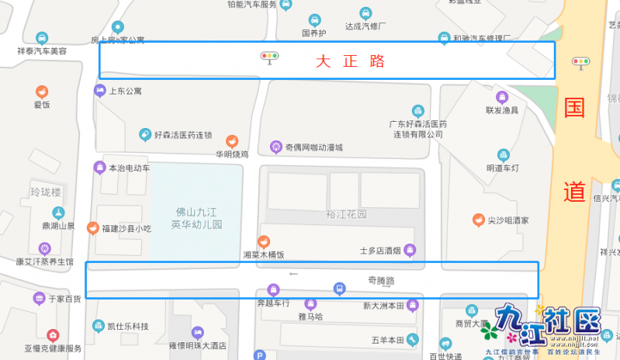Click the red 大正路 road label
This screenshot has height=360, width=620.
pyautogui.click(x=350, y=61)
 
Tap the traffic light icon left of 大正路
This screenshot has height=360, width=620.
pyautogui.click(x=270, y=57)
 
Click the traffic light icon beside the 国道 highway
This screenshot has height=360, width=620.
pyautogui.click(x=580, y=63)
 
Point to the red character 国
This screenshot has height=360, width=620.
pyautogui.click(x=575, y=109)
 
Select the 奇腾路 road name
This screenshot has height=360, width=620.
pyautogui.click(x=380, y=280)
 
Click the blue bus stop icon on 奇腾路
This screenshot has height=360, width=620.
pyautogui.click(x=338, y=289)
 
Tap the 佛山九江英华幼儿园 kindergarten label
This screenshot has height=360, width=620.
pyautogui.click(x=197, y=217)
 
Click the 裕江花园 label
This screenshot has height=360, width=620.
pyautogui.click(x=346, y=214)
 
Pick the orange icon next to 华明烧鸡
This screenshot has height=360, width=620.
pyautogui.click(x=231, y=140)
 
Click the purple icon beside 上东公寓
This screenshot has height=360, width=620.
pyautogui.click(x=99, y=91)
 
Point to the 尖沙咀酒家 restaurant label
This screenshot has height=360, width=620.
pyautogui.click(x=507, y=220)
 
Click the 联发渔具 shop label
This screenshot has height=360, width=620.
pyautogui.click(x=501, y=110)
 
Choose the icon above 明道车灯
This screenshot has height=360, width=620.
pyautogui.click(x=503, y=154)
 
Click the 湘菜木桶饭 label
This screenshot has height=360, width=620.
pyautogui.click(x=264, y=254)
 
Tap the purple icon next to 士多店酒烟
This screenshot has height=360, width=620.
pyautogui.click(x=410, y=250)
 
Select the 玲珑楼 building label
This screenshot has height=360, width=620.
pyautogui.click(x=45, y=191)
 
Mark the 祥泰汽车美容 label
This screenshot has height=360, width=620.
pyautogui.click(x=42, y=51)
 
